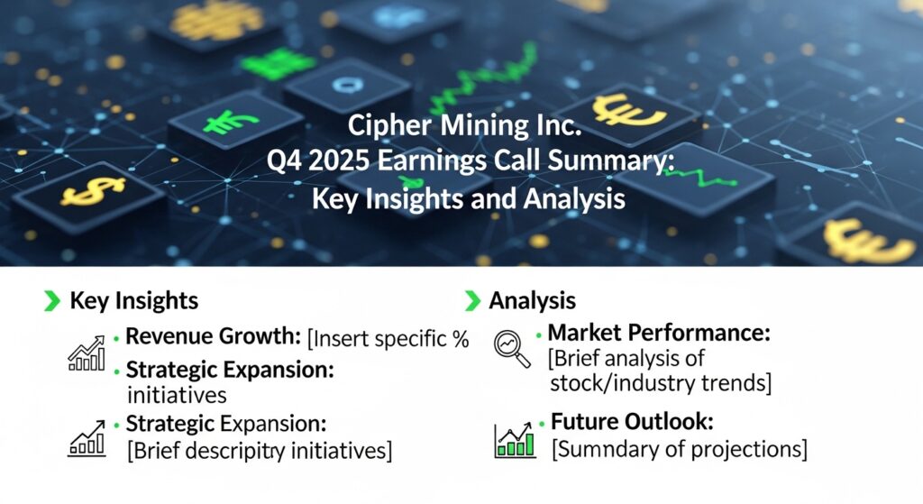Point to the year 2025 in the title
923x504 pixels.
click(349, 163)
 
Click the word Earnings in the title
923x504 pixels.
click(447, 163)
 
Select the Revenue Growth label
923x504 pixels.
click(213, 338)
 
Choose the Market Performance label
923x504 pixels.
click(659, 334)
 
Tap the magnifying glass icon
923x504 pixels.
click(513, 347)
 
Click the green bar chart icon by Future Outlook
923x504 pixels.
click(515, 439)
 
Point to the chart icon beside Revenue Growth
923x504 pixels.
click(87, 354)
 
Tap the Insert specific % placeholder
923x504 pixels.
click(388, 339)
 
